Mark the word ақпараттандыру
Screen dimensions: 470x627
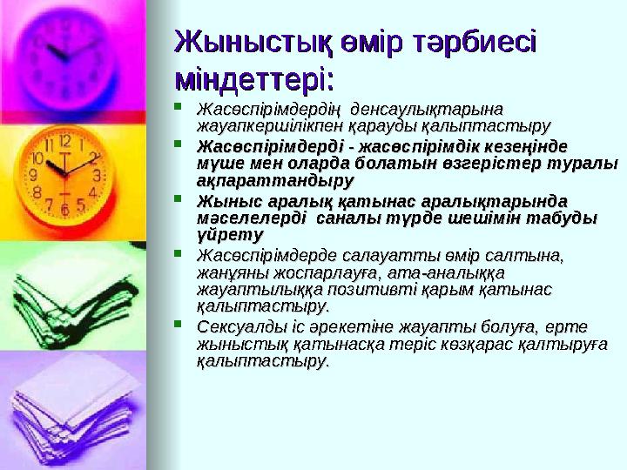coord(276,181)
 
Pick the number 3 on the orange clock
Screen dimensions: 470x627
coord(98,175)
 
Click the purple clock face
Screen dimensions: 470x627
coord(66,52)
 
